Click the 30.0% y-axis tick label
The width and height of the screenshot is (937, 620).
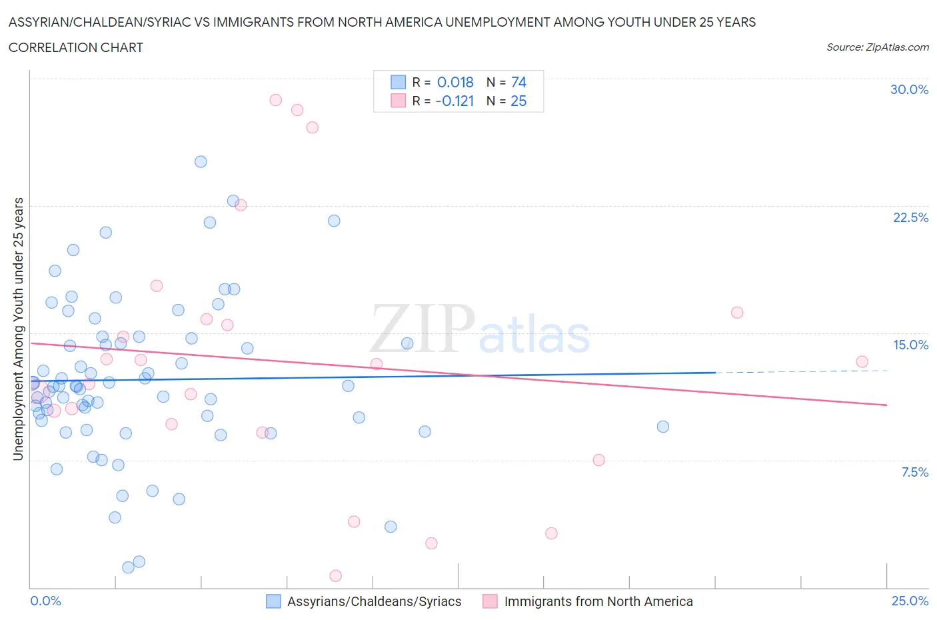pyautogui.click(x=909, y=89)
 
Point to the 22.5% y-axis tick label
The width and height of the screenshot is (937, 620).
pyautogui.click(x=910, y=217)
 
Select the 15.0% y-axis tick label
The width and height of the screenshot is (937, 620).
pyautogui.click(x=910, y=345)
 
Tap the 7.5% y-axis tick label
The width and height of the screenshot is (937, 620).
pyautogui.click(x=914, y=472)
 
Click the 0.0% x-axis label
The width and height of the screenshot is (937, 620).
pyautogui.click(x=46, y=601)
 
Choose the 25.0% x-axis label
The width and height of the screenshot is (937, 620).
pyautogui.click(x=910, y=601)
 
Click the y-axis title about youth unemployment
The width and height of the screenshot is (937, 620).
pyautogui.click(x=18, y=329)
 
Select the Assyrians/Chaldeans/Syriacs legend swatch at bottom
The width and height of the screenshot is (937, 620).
pyautogui.click(x=273, y=601)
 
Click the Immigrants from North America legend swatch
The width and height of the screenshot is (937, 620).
pyautogui.click(x=490, y=601)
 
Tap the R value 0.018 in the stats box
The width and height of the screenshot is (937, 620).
pyautogui.click(x=455, y=82)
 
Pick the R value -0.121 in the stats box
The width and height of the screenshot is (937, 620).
pyautogui.click(x=455, y=101)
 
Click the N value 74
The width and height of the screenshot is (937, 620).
pyautogui.click(x=518, y=82)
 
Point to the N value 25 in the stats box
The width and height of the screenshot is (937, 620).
pyautogui.click(x=518, y=101)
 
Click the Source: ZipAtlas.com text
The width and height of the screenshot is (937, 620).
pyautogui.click(x=877, y=47)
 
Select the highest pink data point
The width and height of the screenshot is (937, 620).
pyautogui.click(x=275, y=100)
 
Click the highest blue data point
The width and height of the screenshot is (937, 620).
pyautogui.click(x=201, y=161)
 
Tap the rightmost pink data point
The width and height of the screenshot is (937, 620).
pyautogui.click(x=862, y=361)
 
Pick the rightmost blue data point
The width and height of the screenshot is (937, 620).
pyautogui.click(x=662, y=427)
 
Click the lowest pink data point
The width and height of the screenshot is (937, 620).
pyautogui.click(x=336, y=575)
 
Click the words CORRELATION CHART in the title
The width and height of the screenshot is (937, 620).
pyautogui.click(x=76, y=47)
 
